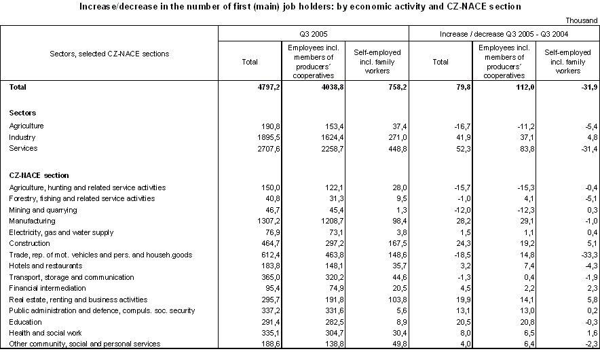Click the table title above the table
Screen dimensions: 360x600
(300, 6)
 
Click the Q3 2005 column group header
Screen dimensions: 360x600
(314, 33)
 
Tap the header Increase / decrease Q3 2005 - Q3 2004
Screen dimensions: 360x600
(504, 33)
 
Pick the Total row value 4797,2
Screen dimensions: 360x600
(245, 87)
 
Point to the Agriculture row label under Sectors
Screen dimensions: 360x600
(26, 126)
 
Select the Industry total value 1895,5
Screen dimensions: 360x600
(245, 137)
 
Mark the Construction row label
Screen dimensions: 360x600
(30, 243)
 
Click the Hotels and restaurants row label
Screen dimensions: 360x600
(43, 266)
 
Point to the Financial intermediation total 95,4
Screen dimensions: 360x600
(248, 288)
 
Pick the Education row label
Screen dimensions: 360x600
(25, 322)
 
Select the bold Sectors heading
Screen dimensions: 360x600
(23, 113)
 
